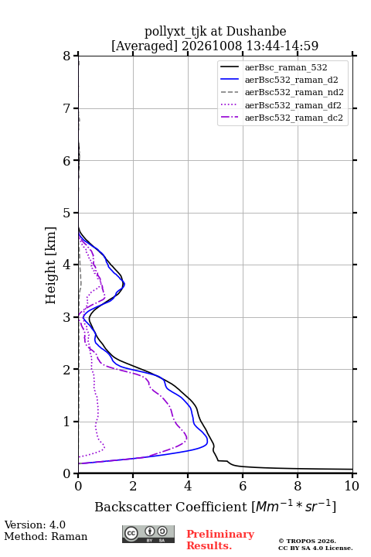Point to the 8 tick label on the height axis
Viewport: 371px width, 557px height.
[x=67, y=56]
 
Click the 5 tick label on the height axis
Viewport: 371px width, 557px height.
[x=67, y=214]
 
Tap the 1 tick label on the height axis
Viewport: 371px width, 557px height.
[x=67, y=422]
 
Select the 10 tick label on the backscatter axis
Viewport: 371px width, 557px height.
[x=352, y=486]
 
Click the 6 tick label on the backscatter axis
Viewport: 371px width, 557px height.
[x=243, y=486]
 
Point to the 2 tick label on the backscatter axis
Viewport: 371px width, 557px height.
[x=133, y=486]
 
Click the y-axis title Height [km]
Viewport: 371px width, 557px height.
[x=51, y=265]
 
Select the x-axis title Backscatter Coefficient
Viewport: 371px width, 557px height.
[x=171, y=507]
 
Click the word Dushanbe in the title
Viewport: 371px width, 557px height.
[x=256, y=31]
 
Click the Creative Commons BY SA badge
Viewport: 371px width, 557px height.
[x=148, y=535]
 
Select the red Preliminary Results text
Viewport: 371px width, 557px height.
[x=220, y=540]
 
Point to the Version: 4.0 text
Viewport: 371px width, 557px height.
[x=35, y=525]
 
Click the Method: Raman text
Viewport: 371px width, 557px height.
[x=46, y=536]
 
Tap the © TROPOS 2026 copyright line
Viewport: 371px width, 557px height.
[x=307, y=541]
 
